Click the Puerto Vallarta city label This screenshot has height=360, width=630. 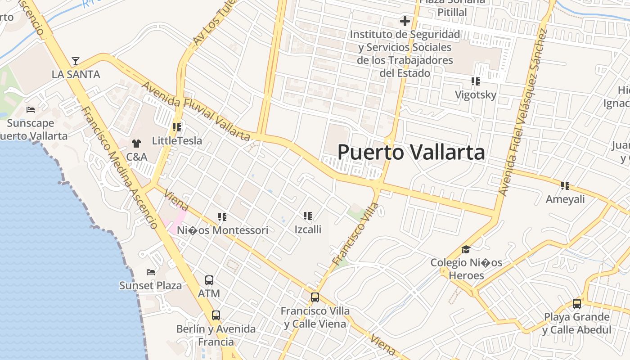pyautogui.click(x=411, y=152)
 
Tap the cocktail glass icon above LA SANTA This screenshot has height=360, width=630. pyautogui.click(x=76, y=61)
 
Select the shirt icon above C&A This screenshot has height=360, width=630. pyautogui.click(x=136, y=144)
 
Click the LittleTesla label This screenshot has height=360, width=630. pyautogui.click(x=177, y=141)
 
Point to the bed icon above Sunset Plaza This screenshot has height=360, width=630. pyautogui.click(x=151, y=272)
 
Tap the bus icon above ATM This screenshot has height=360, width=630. pyautogui.click(x=209, y=280)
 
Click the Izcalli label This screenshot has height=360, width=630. pyautogui.click(x=308, y=229)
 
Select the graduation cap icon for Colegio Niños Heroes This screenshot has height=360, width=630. pyautogui.click(x=466, y=250)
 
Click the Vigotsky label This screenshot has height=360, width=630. pyautogui.click(x=475, y=95)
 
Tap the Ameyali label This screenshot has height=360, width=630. pyautogui.click(x=565, y=199)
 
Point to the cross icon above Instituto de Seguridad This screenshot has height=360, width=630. pyautogui.click(x=405, y=21)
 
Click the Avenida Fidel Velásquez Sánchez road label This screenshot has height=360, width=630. pyautogui.click(x=522, y=112)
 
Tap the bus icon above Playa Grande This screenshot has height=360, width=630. pyautogui.click(x=577, y=304)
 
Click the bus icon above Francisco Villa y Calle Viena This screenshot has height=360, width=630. pyautogui.click(x=315, y=297)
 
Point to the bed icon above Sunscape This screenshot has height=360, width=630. pyautogui.click(x=31, y=110)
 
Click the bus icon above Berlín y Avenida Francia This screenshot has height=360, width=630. pyautogui.click(x=216, y=315)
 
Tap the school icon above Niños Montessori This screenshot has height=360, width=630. pyautogui.click(x=222, y=217)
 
